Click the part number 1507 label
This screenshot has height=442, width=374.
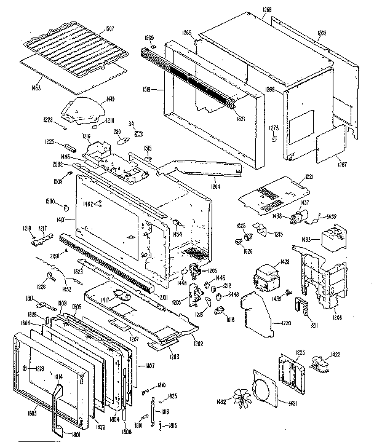tap(110, 28)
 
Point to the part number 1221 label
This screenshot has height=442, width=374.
tap(309, 177)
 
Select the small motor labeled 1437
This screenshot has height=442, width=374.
tap(302, 216)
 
